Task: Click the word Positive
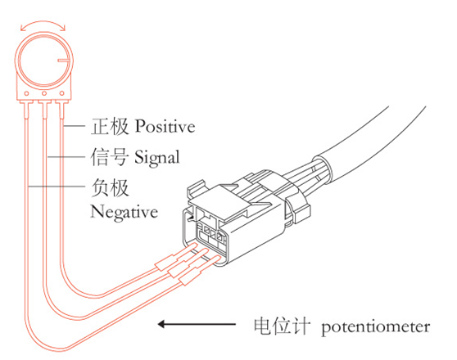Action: (165, 127)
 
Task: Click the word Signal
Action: (157, 158)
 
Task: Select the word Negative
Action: (124, 212)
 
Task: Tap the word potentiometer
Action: (376, 327)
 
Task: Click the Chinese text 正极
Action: (110, 126)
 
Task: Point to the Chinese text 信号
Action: (109, 157)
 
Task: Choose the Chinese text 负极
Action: (110, 188)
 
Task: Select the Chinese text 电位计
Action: (281, 326)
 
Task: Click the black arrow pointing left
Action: (197, 324)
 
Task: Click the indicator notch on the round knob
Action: (63, 61)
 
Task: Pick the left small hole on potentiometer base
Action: (26, 93)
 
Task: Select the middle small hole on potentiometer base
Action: (44, 93)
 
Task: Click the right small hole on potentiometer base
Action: (61, 93)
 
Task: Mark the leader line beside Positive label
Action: (74, 126)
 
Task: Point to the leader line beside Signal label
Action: (66, 157)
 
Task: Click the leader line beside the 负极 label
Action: (57, 186)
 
